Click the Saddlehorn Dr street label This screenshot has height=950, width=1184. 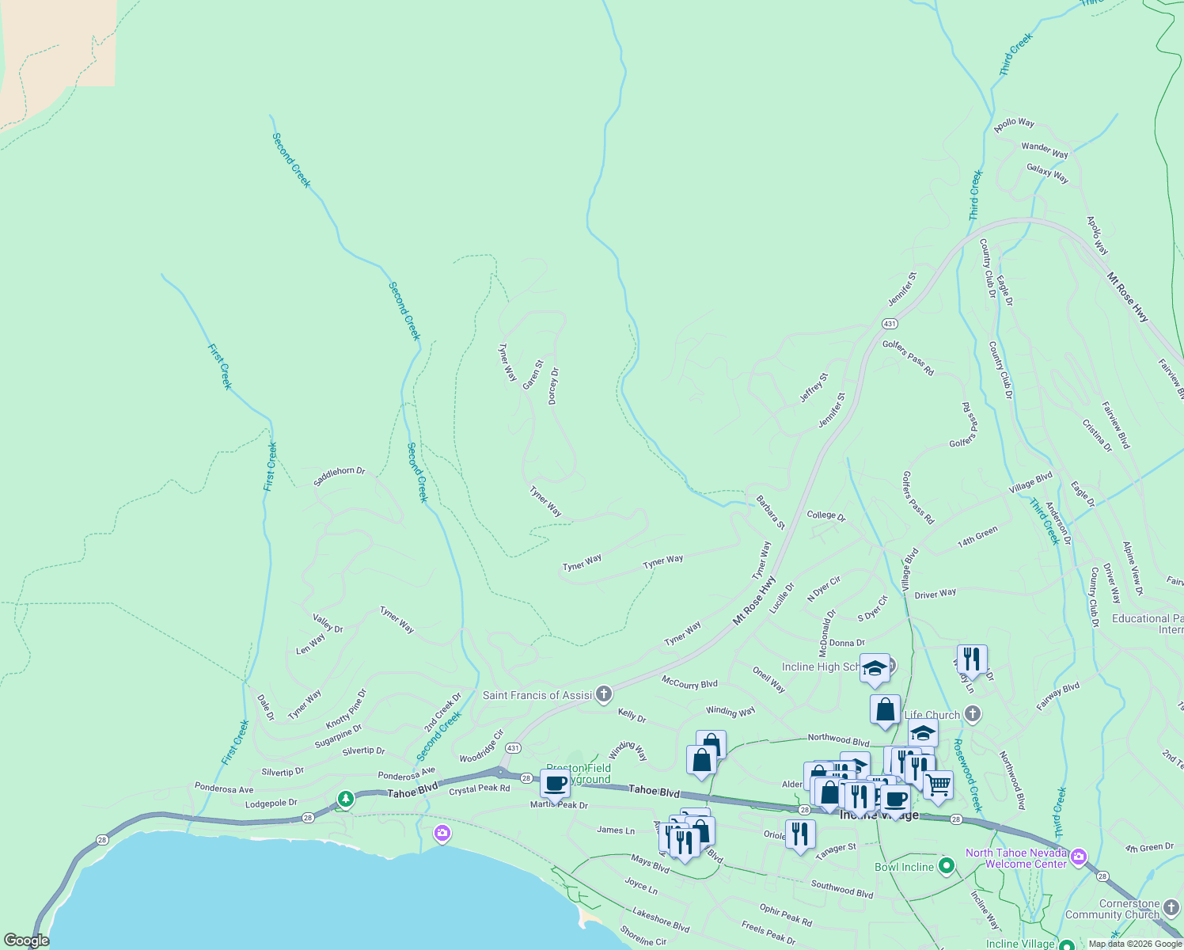pyautogui.click(x=340, y=476)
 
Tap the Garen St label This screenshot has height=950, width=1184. pyautogui.click(x=533, y=375)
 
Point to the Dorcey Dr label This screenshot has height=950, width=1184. pyautogui.click(x=553, y=386)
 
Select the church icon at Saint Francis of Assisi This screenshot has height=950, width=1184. pyautogui.click(x=604, y=695)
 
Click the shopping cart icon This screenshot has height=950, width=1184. pyautogui.click(x=938, y=785)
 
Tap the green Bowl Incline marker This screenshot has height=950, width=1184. pyautogui.click(x=946, y=866)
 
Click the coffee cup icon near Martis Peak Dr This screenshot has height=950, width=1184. pyautogui.click(x=556, y=783)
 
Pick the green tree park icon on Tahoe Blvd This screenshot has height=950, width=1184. pyautogui.click(x=345, y=800)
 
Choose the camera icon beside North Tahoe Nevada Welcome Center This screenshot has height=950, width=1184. pyautogui.click(x=1078, y=857)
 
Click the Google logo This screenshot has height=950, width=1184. pyautogui.click(x=26, y=940)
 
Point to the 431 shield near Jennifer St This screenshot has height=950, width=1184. pyautogui.click(x=890, y=323)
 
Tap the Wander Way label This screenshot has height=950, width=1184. pyautogui.click(x=1044, y=150)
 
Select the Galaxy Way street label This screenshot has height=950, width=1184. pyautogui.click(x=1047, y=173)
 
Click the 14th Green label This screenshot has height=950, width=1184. pyautogui.click(x=977, y=537)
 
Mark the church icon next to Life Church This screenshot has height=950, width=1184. pyautogui.click(x=973, y=714)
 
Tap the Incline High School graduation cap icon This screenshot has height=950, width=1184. pyautogui.click(x=875, y=667)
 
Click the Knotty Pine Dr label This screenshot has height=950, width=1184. pyautogui.click(x=347, y=709)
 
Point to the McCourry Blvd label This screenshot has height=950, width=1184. pyautogui.click(x=689, y=682)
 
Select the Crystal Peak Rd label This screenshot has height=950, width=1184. pyautogui.click(x=480, y=789)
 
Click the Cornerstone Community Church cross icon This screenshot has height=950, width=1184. pyautogui.click(x=1171, y=905)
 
